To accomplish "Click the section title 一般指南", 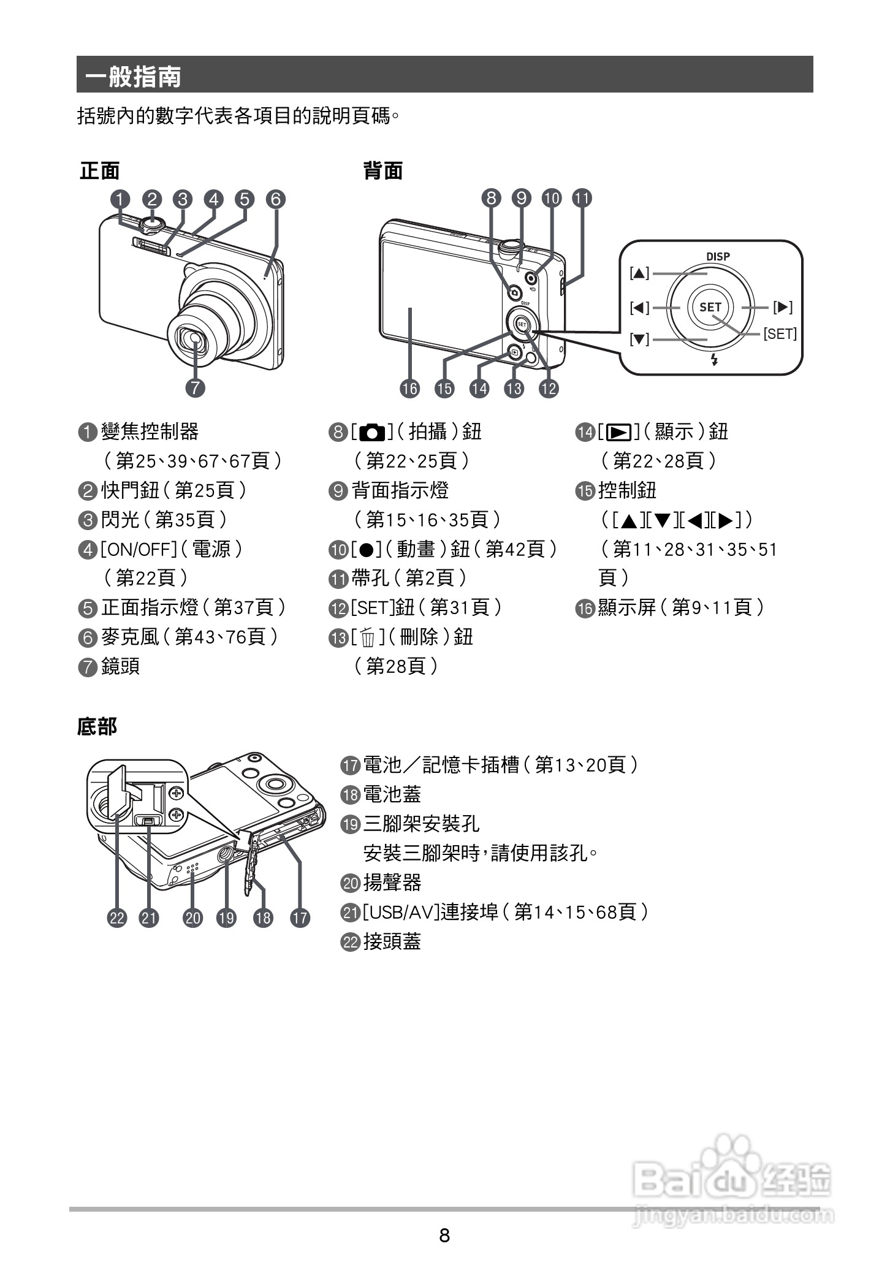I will click(x=133, y=77).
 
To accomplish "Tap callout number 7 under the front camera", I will click(x=195, y=387).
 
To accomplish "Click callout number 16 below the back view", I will click(x=409, y=388).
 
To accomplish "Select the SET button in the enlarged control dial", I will click(x=710, y=306).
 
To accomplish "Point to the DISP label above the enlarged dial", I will click(x=717, y=256).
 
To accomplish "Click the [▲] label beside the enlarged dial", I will click(x=639, y=273).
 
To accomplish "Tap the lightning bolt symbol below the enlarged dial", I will click(x=713, y=360).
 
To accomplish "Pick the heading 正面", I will click(x=99, y=171).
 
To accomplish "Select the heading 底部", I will click(x=97, y=726).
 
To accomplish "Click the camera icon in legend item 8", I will click(x=372, y=432).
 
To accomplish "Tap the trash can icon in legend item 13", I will click(x=368, y=638).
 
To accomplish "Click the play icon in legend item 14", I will click(x=619, y=432).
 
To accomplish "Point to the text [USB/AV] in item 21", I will click(x=401, y=912).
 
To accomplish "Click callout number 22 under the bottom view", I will click(x=117, y=917).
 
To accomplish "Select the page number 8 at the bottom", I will click(x=444, y=1234).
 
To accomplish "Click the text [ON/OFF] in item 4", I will click(x=139, y=549).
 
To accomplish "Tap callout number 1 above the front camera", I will click(x=121, y=199).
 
